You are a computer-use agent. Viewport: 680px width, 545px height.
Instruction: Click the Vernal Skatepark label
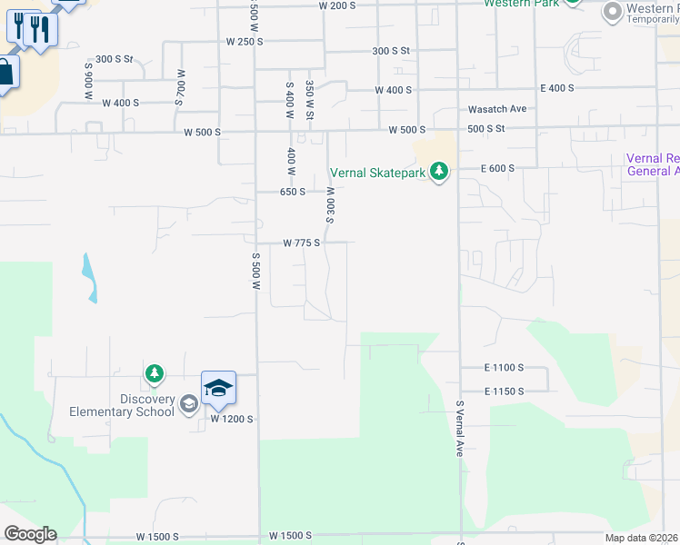(x=378, y=173)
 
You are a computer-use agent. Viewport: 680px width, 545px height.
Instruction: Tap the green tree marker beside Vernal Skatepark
(x=440, y=172)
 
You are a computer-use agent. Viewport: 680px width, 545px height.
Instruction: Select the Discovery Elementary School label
(x=122, y=405)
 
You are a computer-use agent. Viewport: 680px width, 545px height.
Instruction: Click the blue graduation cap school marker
(x=218, y=389)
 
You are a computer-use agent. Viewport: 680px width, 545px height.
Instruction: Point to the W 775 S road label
(x=302, y=243)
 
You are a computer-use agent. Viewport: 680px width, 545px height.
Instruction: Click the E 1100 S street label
(x=504, y=367)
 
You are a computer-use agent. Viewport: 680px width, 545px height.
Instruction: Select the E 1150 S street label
(x=504, y=391)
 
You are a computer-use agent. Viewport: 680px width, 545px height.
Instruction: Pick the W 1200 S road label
(x=231, y=420)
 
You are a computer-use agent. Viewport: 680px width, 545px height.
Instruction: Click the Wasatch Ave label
(x=497, y=109)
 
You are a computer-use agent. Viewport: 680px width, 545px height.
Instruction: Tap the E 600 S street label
(x=497, y=168)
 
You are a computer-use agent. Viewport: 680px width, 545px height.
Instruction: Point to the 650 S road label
(x=292, y=192)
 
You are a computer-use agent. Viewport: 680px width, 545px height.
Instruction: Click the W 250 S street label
(x=245, y=42)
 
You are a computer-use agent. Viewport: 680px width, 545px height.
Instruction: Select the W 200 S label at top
(x=337, y=5)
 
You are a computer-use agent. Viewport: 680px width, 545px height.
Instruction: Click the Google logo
(x=29, y=534)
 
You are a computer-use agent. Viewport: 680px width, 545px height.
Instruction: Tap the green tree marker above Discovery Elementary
(x=155, y=373)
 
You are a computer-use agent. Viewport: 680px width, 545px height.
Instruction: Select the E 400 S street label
(x=556, y=88)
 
